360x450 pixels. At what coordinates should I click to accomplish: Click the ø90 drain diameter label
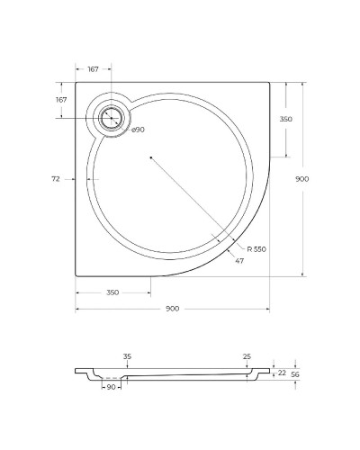click(x=139, y=130)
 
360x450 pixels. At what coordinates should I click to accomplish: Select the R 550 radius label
click(x=257, y=248)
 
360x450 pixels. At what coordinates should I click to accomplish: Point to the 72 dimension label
click(x=56, y=179)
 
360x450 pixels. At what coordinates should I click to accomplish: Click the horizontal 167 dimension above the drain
click(x=94, y=69)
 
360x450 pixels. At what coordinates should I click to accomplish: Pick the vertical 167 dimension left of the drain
click(x=61, y=100)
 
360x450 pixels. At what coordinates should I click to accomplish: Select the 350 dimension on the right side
click(x=286, y=120)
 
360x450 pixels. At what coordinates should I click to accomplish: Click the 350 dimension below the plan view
click(x=112, y=292)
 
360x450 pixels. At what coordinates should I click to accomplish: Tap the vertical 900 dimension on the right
click(x=302, y=179)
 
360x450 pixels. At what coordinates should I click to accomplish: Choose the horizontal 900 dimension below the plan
click(x=172, y=309)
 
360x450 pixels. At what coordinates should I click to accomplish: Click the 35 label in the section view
click(x=127, y=356)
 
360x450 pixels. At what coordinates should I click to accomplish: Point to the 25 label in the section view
click(x=247, y=356)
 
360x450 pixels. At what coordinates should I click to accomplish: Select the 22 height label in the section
click(x=282, y=372)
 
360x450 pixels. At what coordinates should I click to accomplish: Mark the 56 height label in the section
click(x=294, y=375)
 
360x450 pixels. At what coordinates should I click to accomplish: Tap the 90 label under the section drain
click(x=112, y=388)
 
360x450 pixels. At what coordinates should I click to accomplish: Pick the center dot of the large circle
click(x=151, y=158)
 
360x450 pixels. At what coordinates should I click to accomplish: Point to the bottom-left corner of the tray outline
click(x=76, y=276)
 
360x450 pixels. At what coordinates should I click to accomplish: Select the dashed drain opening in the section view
click(x=111, y=377)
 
